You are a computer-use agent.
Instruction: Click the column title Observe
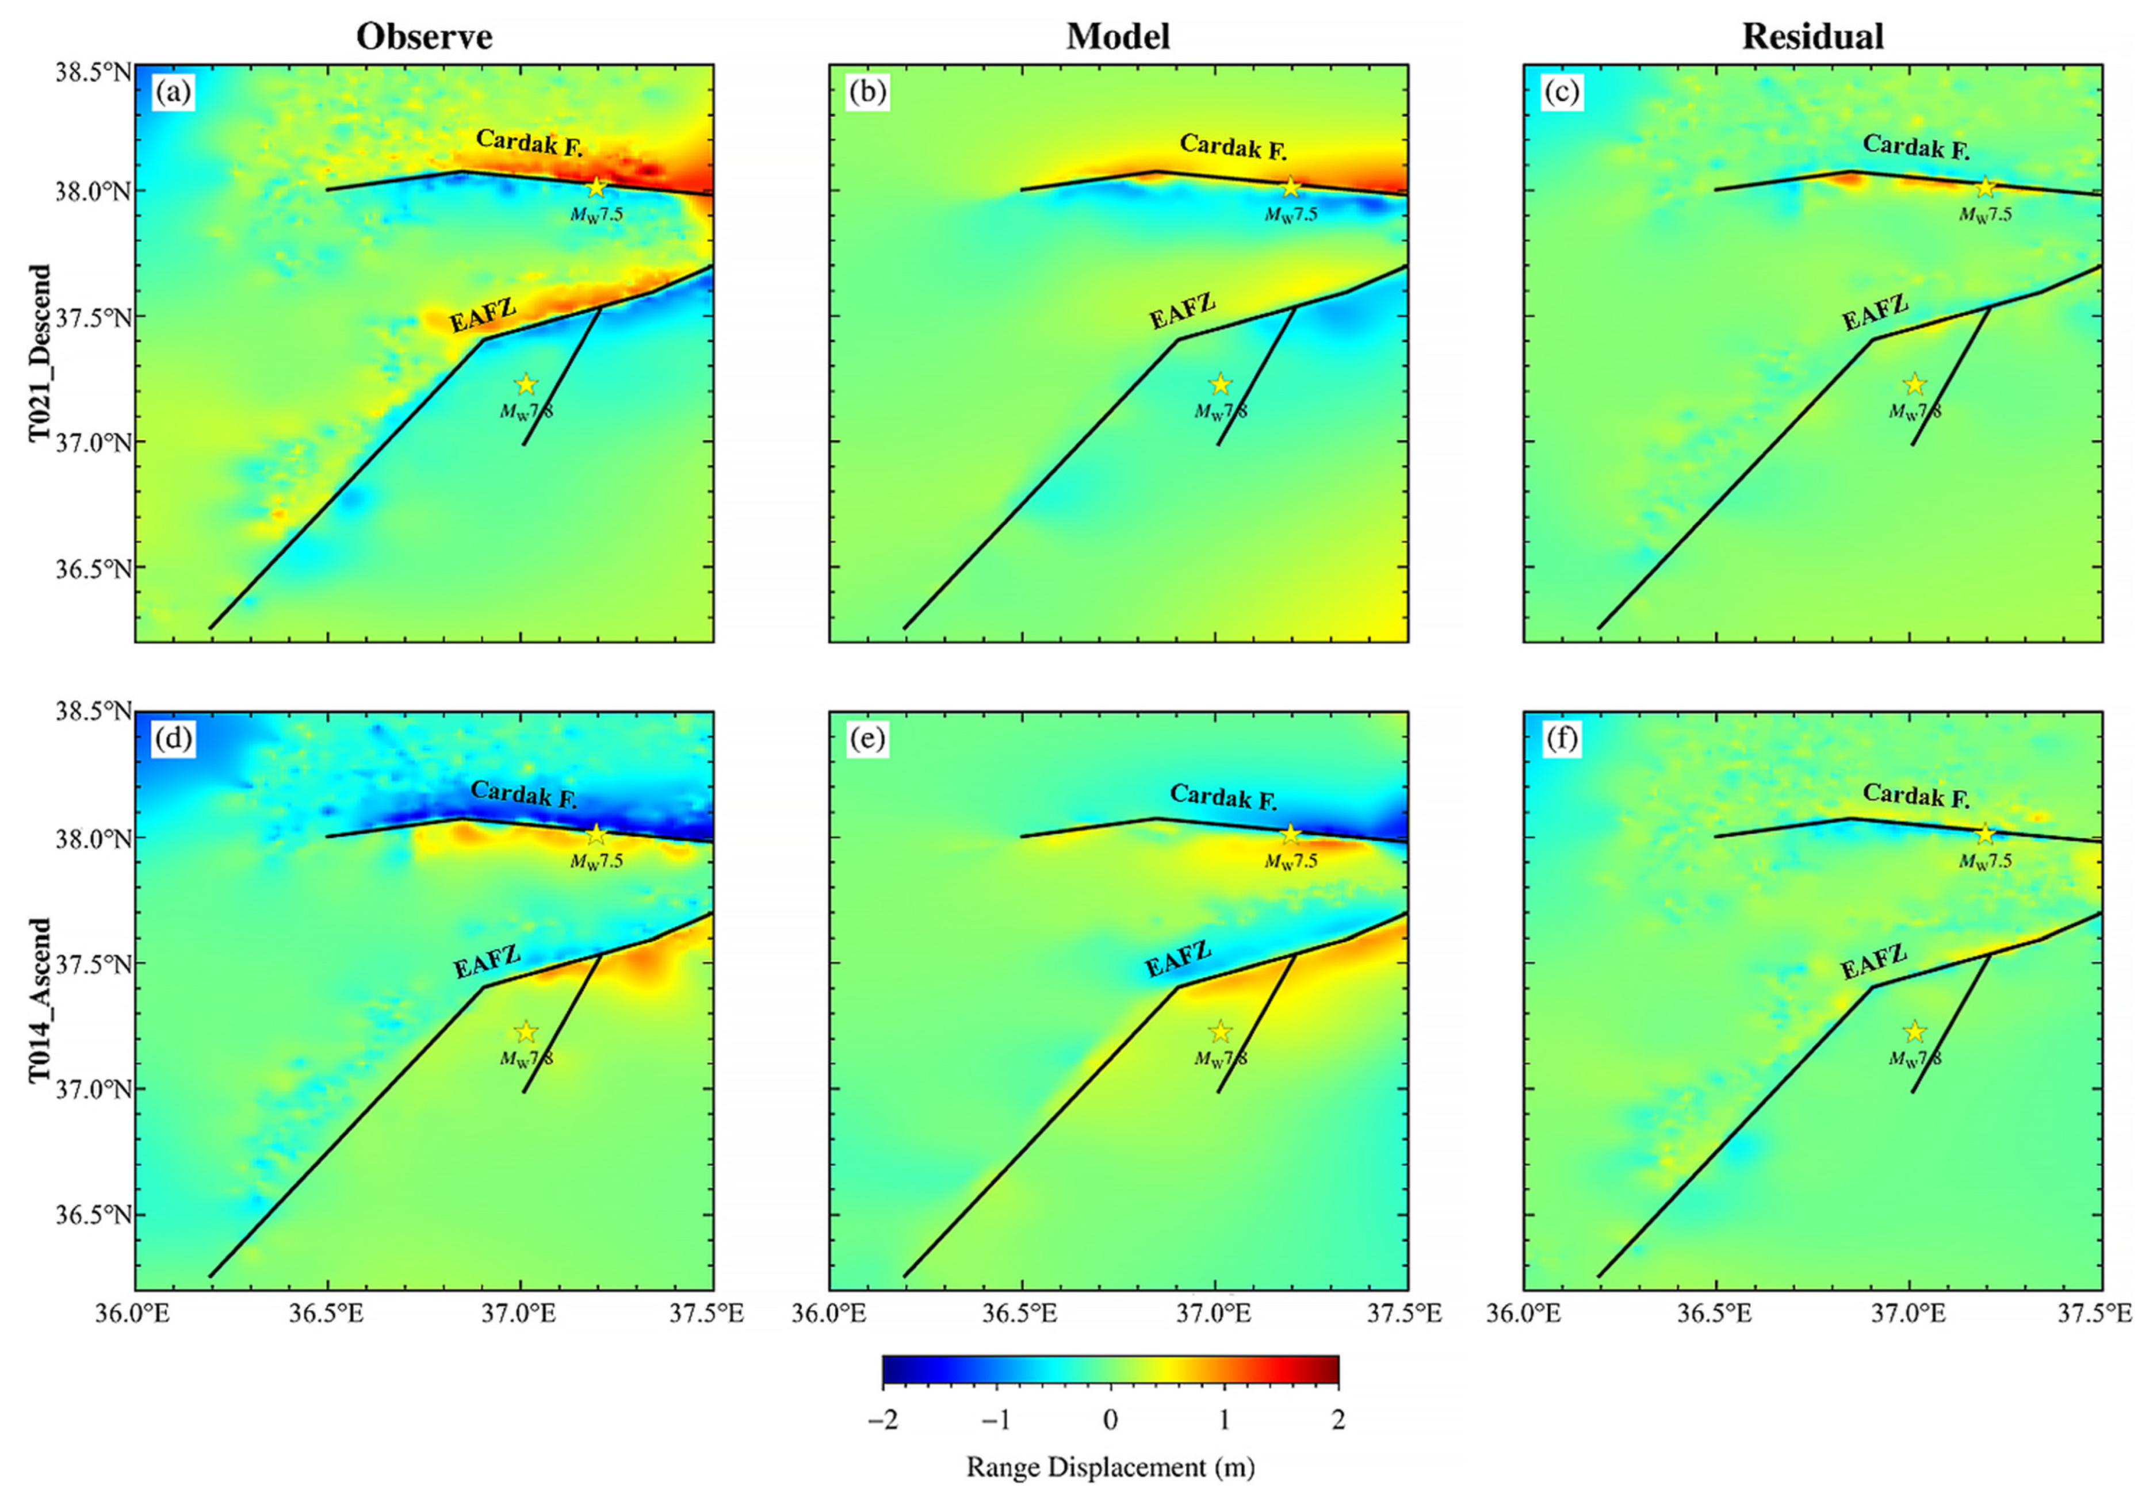[x=424, y=36]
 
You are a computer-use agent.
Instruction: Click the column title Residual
[x=1812, y=36]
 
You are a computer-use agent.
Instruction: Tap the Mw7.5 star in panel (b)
[x=1290, y=187]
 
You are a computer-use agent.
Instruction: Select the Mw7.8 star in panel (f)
[x=1914, y=1031]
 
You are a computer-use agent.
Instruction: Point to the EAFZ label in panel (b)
[x=1181, y=311]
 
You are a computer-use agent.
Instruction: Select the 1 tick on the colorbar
[x=1223, y=1421]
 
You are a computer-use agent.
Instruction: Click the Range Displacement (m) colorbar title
[x=1110, y=1468]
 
